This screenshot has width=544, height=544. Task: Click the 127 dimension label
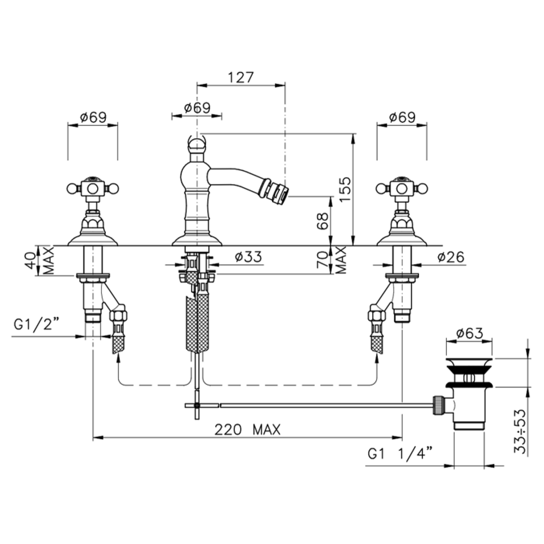click(x=241, y=77)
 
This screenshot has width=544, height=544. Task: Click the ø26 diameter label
click(x=450, y=257)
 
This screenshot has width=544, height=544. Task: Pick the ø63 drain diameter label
click(x=469, y=333)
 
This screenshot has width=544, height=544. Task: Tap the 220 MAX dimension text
click(x=247, y=430)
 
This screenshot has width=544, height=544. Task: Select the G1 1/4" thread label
click(x=400, y=454)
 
